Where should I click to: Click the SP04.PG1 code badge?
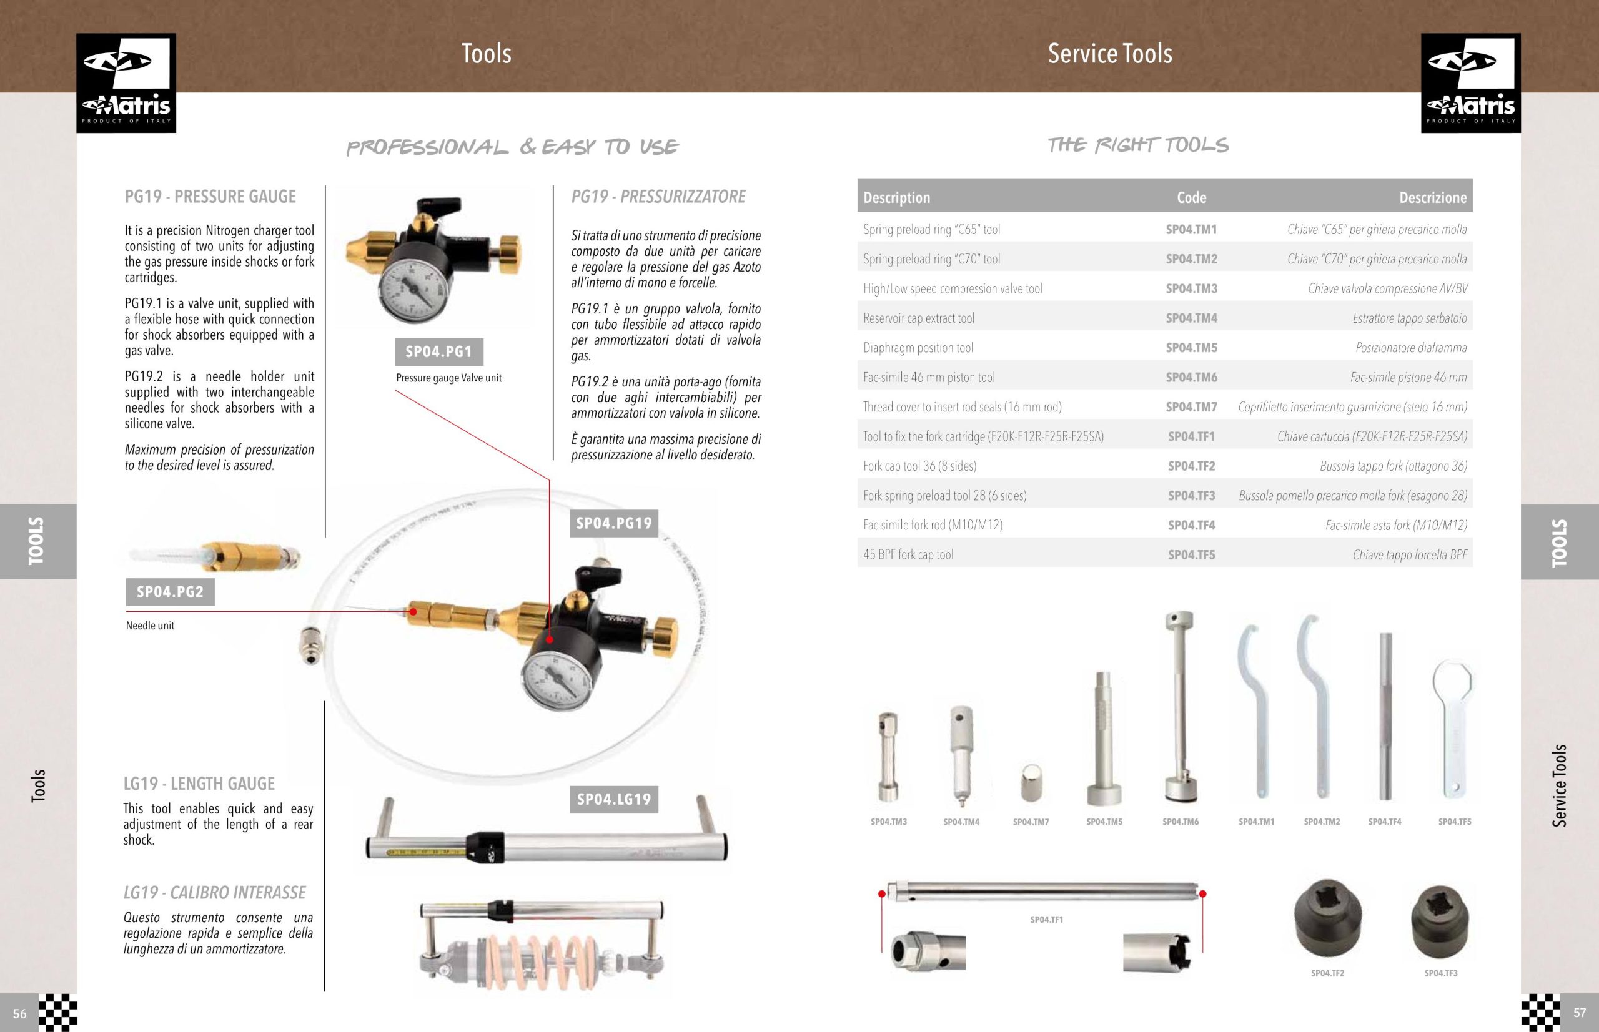439,352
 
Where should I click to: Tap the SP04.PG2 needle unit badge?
171,592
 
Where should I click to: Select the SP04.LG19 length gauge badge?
614,800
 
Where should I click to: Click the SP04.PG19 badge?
614,523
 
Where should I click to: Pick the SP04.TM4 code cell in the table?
1191,318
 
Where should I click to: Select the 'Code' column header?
1191,198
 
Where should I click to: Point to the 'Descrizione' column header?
1433,198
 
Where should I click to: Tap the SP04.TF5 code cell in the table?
1191,555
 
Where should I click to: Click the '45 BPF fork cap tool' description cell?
908,555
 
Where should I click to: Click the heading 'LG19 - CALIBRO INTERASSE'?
214,893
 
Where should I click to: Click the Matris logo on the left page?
126,83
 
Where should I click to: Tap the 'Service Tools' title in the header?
1111,54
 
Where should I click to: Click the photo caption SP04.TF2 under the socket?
1327,973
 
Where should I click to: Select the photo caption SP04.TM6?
1181,822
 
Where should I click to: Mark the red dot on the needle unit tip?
413,611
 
